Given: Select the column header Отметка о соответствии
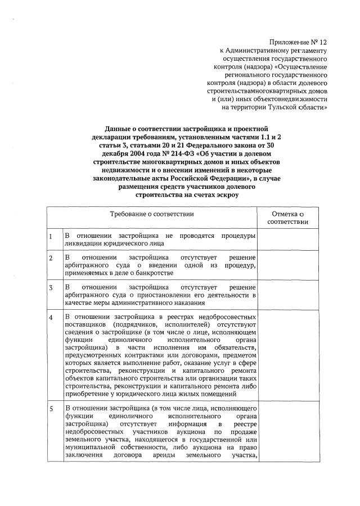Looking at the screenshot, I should coord(287,218).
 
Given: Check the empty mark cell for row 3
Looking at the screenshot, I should coord(287,295).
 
